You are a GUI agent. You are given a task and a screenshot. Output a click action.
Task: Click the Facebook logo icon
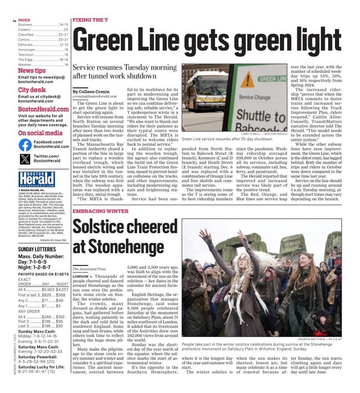tap(25, 145)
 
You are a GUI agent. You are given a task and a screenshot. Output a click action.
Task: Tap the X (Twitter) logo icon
tap(25, 159)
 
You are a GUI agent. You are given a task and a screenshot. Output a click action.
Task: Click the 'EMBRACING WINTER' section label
tap(100, 211)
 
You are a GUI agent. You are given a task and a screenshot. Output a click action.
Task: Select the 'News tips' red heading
tap(32, 71)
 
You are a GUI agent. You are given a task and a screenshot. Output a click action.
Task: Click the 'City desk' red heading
tap(32, 90)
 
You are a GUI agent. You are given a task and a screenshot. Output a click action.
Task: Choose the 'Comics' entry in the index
tap(25, 40)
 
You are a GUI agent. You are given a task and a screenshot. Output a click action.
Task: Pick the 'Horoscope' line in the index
tap(27, 50)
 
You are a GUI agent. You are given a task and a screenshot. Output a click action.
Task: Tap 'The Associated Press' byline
tap(88, 270)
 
